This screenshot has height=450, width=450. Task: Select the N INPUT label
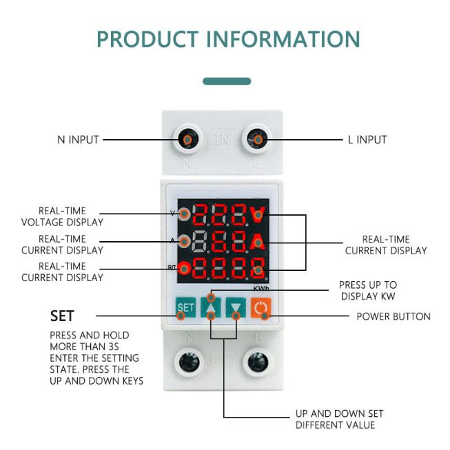(x=78, y=140)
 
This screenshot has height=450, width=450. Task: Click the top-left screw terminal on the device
(x=187, y=140)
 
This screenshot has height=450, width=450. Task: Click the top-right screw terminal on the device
(x=258, y=140)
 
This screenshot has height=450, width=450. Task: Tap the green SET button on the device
(x=185, y=307)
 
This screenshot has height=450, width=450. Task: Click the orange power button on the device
(x=259, y=307)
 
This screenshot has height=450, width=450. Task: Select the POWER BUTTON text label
(x=393, y=317)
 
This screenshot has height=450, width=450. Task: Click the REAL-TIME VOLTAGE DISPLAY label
(x=62, y=216)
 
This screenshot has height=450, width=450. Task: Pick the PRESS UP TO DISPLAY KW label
(x=368, y=291)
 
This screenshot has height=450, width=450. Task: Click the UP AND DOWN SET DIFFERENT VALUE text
(x=339, y=419)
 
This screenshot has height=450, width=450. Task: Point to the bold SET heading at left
(x=61, y=316)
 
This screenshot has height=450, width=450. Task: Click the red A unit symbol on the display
(x=258, y=241)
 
